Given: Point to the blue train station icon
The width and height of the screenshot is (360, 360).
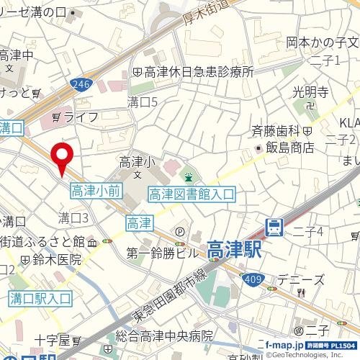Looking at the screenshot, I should (274, 228).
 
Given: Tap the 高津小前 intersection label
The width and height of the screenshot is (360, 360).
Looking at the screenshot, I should (96, 190).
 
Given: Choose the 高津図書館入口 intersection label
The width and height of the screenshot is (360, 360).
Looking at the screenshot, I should (192, 194).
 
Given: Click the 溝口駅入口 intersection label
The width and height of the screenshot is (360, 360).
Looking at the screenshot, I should (40, 297).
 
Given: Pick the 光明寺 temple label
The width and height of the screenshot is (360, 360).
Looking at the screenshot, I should (310, 92).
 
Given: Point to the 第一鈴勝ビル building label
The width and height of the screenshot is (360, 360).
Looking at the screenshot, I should (162, 253).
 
